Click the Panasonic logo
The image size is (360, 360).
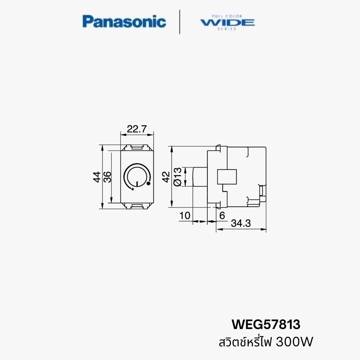pyautogui.click(x=124, y=22)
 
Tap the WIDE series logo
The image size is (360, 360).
pyautogui.click(x=227, y=22)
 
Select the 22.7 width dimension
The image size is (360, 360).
pyautogui.click(x=137, y=129)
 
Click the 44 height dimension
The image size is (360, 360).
pyautogui.click(x=97, y=177)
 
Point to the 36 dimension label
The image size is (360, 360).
pyautogui.click(x=107, y=177)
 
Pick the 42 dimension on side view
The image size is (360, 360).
pyautogui.click(x=166, y=177)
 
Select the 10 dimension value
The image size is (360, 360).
pyautogui.click(x=185, y=216)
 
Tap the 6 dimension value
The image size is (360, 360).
pyautogui.click(x=222, y=216)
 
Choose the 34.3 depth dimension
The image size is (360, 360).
pyautogui.click(x=241, y=223)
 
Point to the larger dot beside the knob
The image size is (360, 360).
pyautogui.click(x=148, y=183)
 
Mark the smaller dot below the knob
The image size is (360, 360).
pyautogui.click(x=133, y=189)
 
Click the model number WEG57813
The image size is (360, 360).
pyautogui.click(x=266, y=324)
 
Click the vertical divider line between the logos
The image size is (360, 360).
pyautogui.click(x=180, y=22)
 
